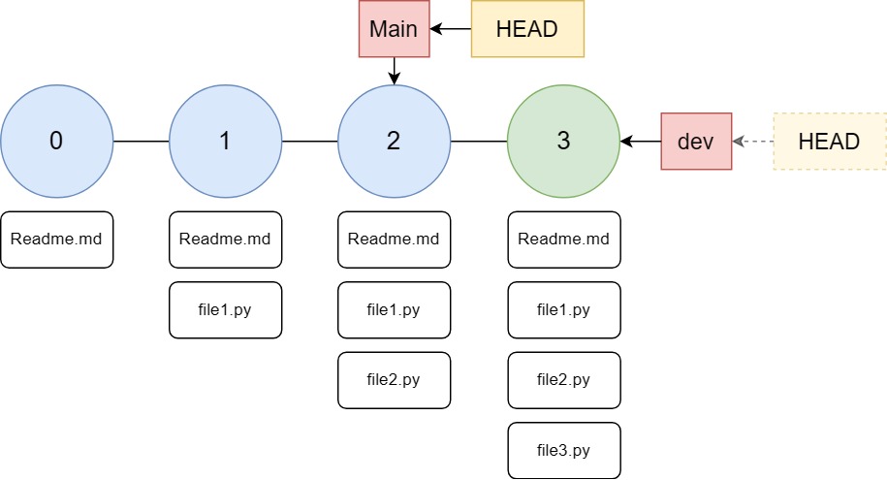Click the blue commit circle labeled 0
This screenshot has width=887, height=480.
click(56, 142)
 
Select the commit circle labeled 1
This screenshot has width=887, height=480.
click(225, 142)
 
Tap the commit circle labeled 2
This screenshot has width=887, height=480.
click(394, 142)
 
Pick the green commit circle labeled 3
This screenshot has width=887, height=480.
click(563, 142)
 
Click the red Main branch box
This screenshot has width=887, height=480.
click(394, 29)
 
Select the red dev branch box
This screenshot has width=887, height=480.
click(696, 142)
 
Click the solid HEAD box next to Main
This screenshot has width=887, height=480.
click(526, 29)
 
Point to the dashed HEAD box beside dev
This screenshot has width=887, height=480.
click(829, 142)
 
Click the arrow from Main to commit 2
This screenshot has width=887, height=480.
click(394, 71)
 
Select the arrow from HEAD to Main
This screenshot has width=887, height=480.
click(450, 29)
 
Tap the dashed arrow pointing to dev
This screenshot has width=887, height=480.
click(752, 142)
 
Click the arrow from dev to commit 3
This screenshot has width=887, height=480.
click(641, 142)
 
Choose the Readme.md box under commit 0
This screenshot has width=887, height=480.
click(56, 240)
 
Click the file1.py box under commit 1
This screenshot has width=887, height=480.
click(225, 310)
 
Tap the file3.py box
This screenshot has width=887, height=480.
click(563, 451)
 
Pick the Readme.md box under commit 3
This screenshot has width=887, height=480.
click(563, 240)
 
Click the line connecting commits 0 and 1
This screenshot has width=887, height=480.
click(141, 142)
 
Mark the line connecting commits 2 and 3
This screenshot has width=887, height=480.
click(479, 142)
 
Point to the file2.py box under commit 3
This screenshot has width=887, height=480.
click(563, 380)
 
